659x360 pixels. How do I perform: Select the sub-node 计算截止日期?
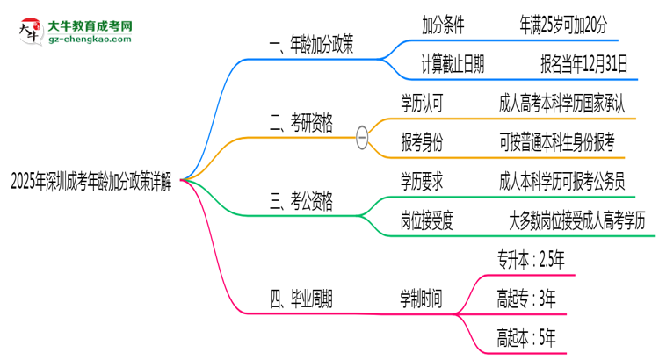[453, 63]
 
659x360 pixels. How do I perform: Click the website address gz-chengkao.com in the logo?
[90, 40]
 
